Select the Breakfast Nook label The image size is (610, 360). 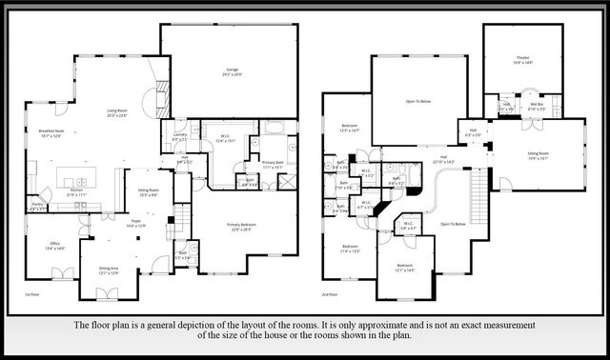pos(51,134)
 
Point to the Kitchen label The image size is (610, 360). pos(77,193)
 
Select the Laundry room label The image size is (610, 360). pos(179,137)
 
